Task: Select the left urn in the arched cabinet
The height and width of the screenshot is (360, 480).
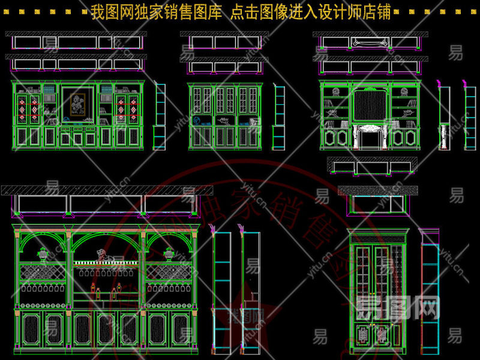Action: click(x=43, y=254)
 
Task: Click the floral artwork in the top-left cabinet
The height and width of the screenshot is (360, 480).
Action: click(x=77, y=103)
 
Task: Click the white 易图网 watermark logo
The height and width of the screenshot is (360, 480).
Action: click(x=398, y=308)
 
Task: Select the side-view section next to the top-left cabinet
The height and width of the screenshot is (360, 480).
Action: click(x=160, y=117)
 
